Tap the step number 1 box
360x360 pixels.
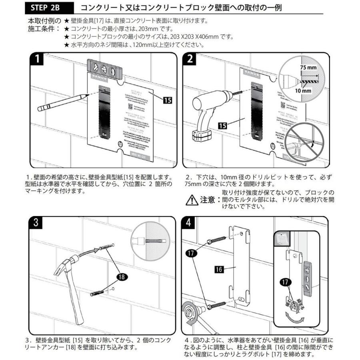(37, 60)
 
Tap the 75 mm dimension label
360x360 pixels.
(308, 68)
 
